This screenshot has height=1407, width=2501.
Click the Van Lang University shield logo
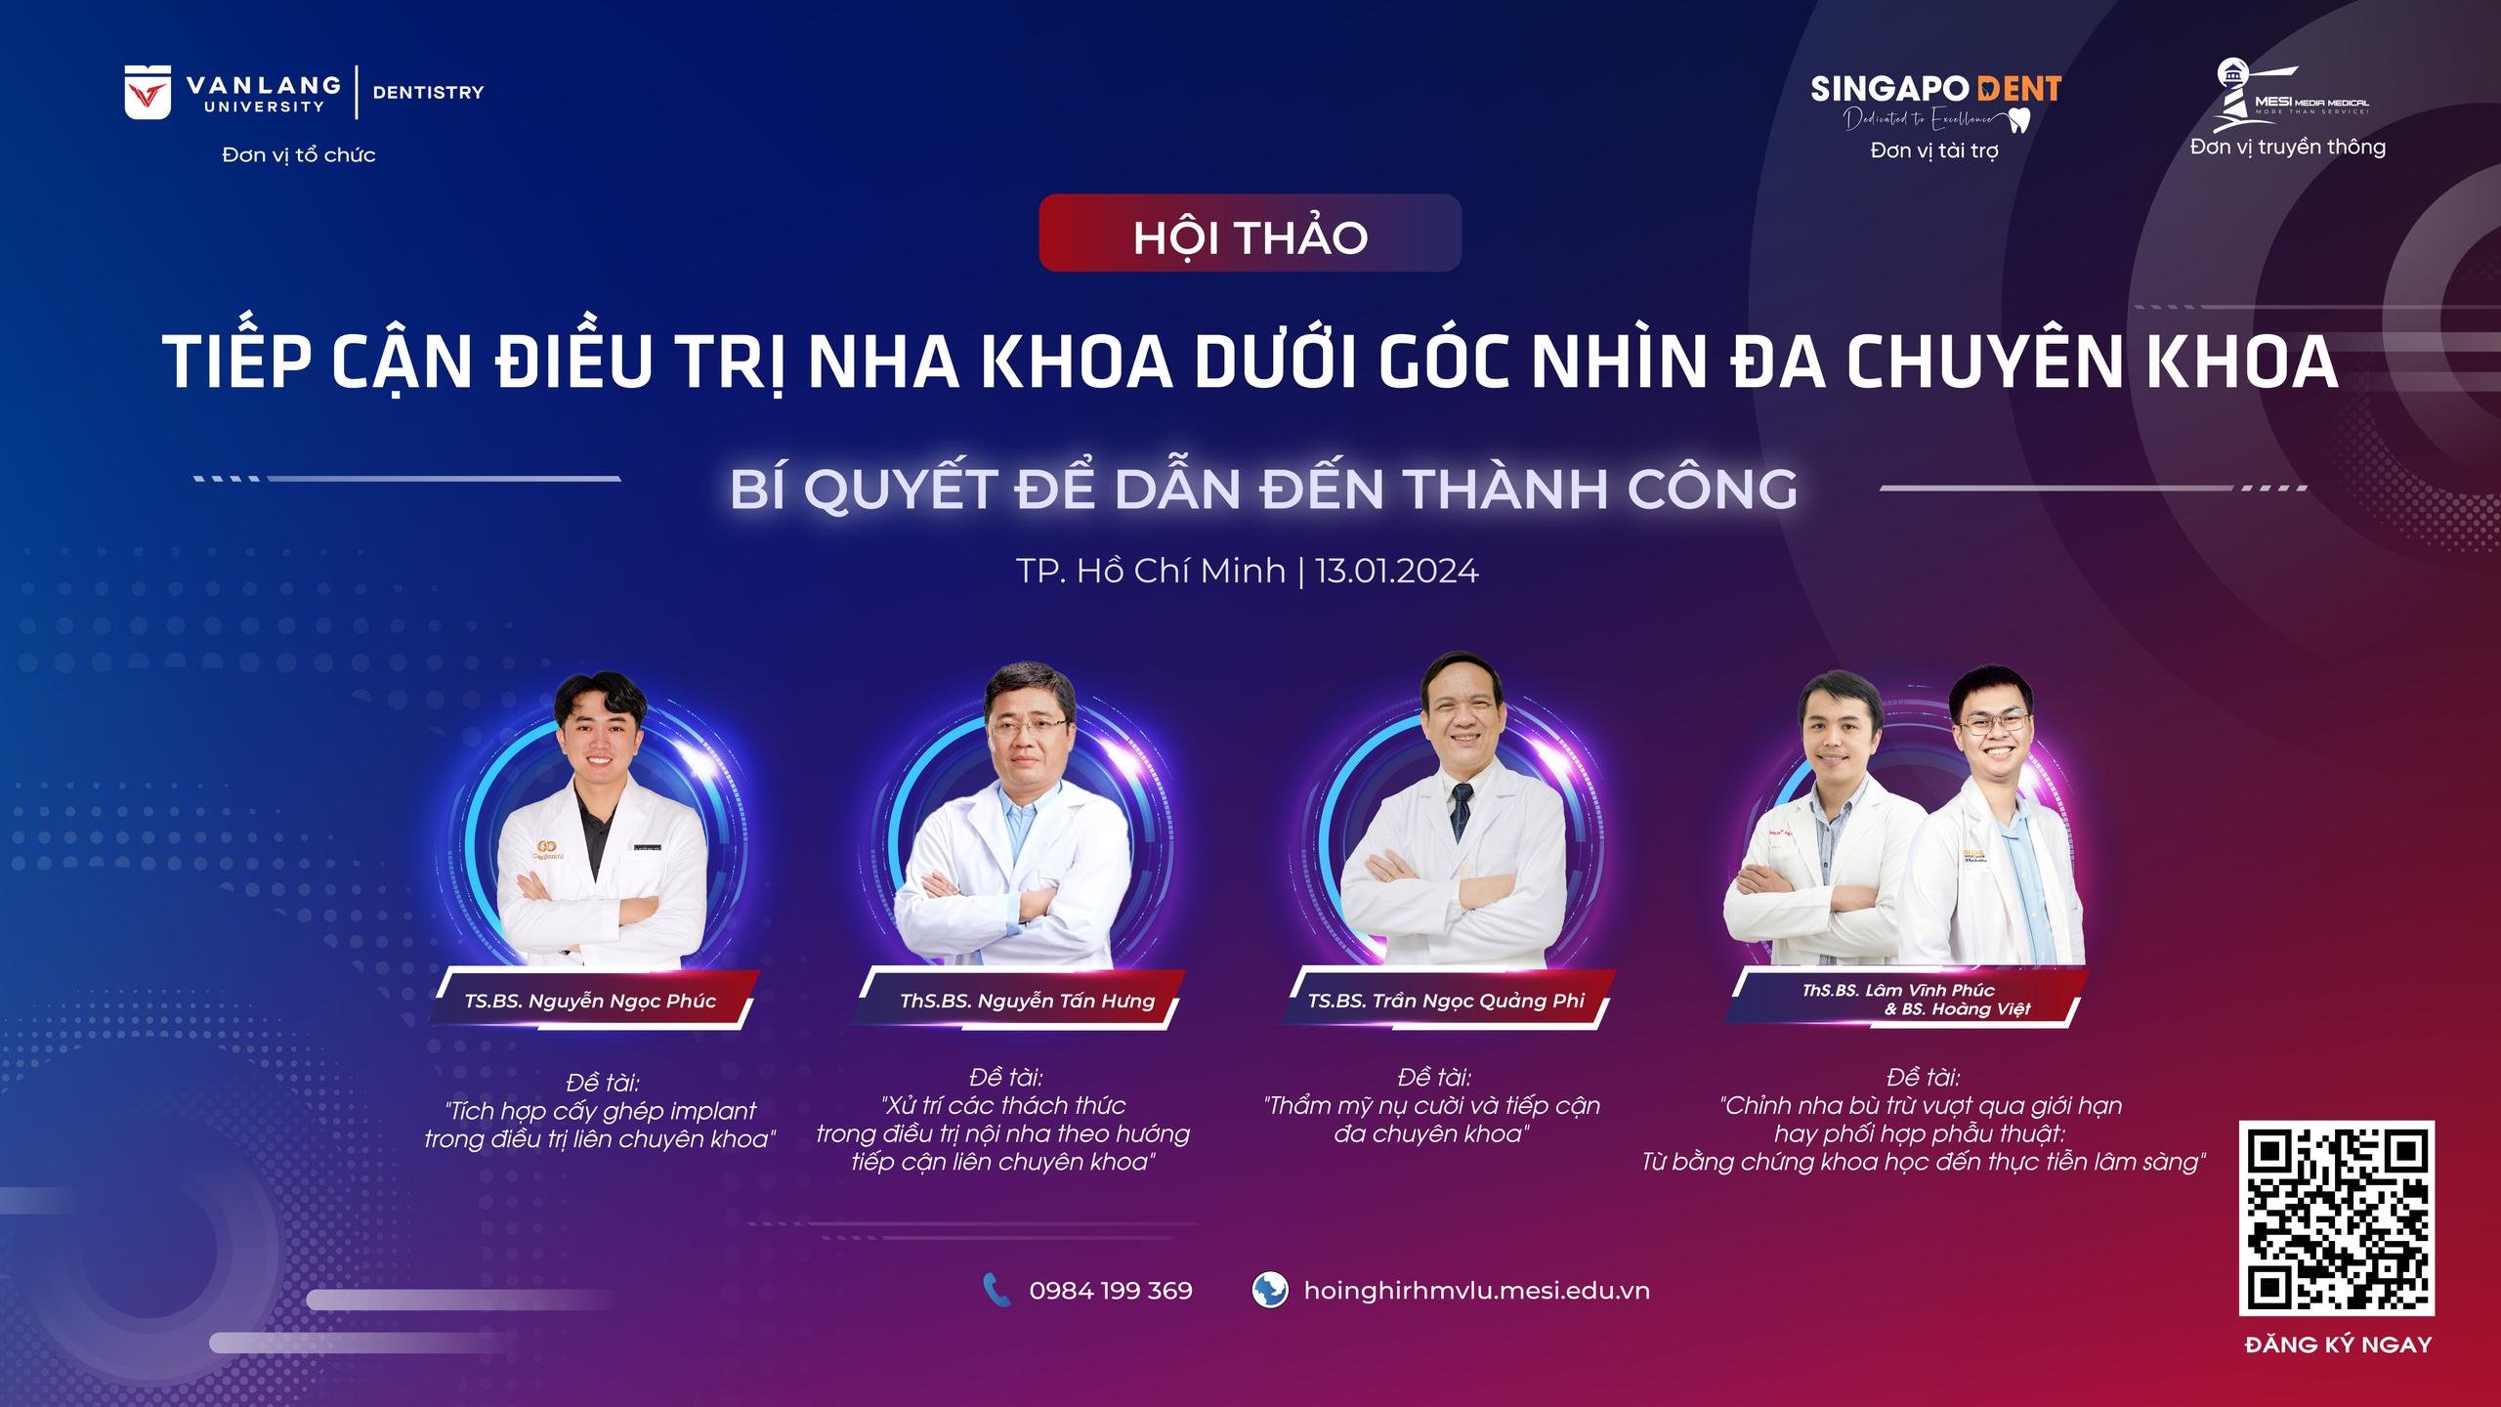tap(148, 92)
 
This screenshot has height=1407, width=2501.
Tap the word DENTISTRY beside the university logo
tap(428, 92)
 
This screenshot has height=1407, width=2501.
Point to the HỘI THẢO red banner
tap(1250, 233)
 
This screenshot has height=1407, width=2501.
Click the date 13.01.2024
tap(1397, 571)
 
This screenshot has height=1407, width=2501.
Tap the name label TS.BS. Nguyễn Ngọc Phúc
tap(590, 1001)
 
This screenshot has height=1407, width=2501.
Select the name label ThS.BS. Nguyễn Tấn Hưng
tap(1027, 1001)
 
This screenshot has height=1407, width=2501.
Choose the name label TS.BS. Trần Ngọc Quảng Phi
tap(1446, 1001)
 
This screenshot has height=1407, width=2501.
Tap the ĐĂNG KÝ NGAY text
tap(2338, 1344)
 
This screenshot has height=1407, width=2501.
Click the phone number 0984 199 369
tap(1111, 1291)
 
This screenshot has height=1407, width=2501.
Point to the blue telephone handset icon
tap(996, 1290)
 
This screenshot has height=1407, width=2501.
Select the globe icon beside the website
tap(1269, 1290)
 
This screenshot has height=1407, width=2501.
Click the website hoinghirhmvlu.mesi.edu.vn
tap(1476, 1291)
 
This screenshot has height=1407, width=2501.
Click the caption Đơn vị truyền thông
tap(2288, 148)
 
